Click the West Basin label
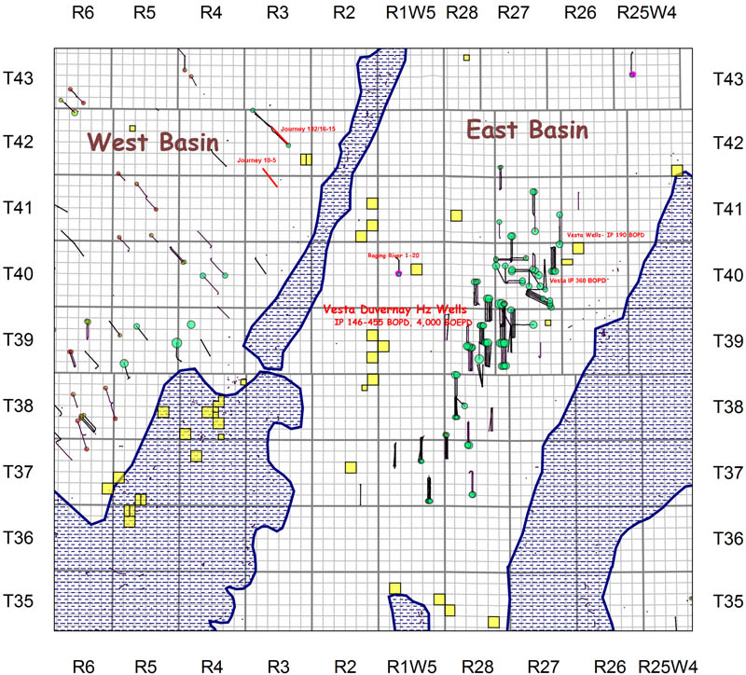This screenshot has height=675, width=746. pyautogui.click(x=153, y=143)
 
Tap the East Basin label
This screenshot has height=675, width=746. pyautogui.click(x=528, y=130)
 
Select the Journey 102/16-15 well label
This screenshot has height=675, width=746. pyautogui.click(x=307, y=130)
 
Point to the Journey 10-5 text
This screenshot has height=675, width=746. pyautogui.click(x=256, y=160)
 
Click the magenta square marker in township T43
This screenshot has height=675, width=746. pyautogui.click(x=632, y=74)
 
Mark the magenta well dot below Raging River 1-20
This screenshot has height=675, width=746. pyautogui.click(x=398, y=273)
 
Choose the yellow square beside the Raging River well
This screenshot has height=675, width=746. pyautogui.click(x=416, y=269)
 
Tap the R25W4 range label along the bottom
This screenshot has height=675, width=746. pyautogui.click(x=666, y=666)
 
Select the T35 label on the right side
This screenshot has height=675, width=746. pyautogui.click(x=727, y=601)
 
